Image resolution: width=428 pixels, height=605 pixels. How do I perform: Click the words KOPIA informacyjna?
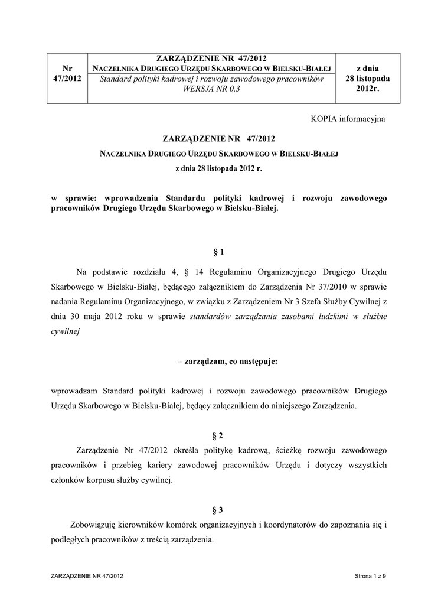coord(348,119)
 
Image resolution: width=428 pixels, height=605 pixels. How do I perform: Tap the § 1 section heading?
coord(218,253)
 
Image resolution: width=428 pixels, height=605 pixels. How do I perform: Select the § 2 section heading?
coord(218,436)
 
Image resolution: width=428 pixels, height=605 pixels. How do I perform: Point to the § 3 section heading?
coord(218,509)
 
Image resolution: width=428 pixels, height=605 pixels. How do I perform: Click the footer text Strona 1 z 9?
coord(370,575)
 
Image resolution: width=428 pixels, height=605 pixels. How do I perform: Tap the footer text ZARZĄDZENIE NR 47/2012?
coord(88,575)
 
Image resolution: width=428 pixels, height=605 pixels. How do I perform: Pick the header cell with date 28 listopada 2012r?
coord(368,79)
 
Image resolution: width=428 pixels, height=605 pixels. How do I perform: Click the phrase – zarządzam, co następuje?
coord(218,362)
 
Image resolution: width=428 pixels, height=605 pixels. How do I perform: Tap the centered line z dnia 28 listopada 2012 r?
coord(218,168)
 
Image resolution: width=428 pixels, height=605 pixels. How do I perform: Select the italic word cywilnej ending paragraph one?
coord(66,332)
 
